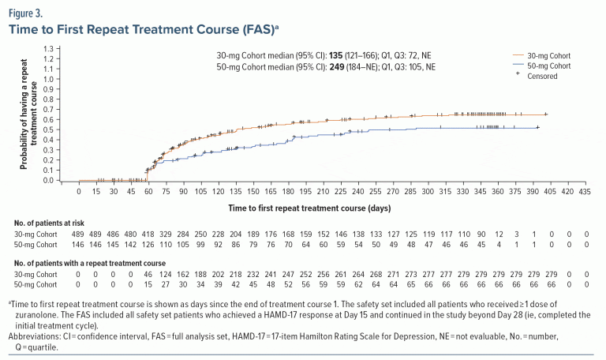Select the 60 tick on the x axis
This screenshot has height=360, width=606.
click(x=148, y=191)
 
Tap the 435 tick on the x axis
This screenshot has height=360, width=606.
click(x=585, y=191)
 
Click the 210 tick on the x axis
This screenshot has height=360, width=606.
click(x=323, y=191)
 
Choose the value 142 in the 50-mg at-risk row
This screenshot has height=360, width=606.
click(x=131, y=247)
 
